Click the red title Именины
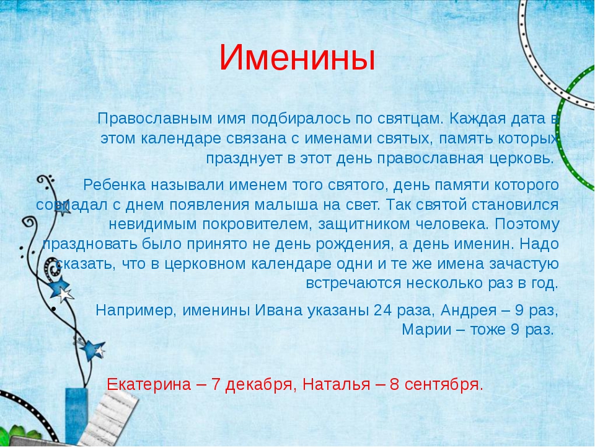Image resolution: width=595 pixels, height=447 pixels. tap(297, 58)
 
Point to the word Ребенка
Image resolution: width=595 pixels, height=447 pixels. tap(114, 185)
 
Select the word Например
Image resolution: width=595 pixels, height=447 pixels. tap(136, 310)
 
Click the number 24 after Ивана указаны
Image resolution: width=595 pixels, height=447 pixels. tap(383, 310)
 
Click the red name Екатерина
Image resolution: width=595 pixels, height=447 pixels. tap(149, 384)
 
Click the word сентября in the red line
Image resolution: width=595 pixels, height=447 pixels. tap(444, 385)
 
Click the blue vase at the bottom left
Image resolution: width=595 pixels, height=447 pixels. tap(76, 414)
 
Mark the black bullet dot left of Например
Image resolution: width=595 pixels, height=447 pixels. tap(53, 309)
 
